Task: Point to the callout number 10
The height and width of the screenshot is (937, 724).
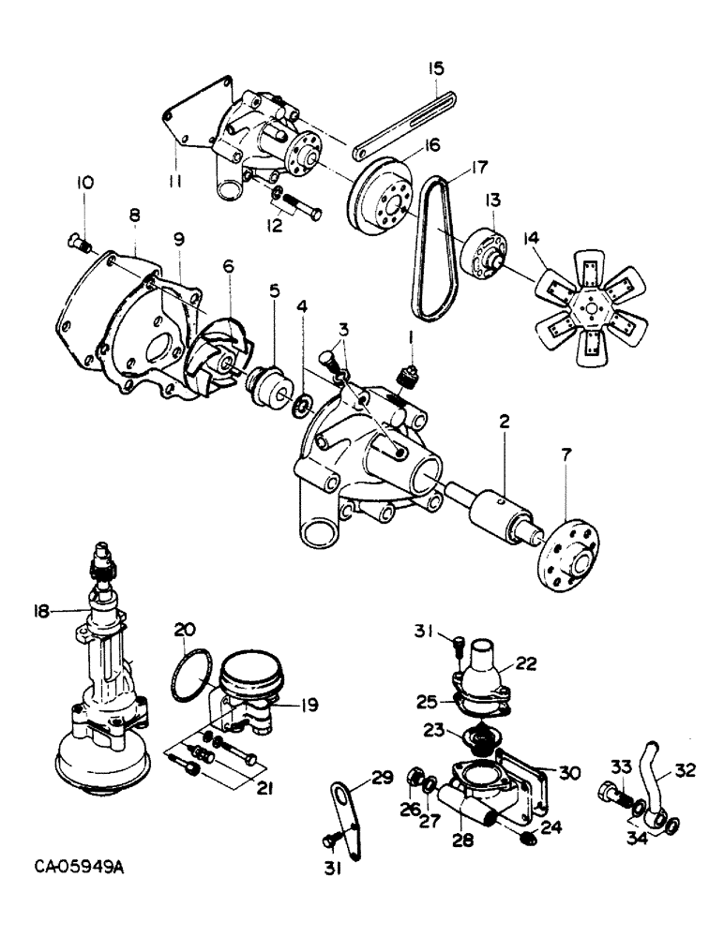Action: point(85,183)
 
